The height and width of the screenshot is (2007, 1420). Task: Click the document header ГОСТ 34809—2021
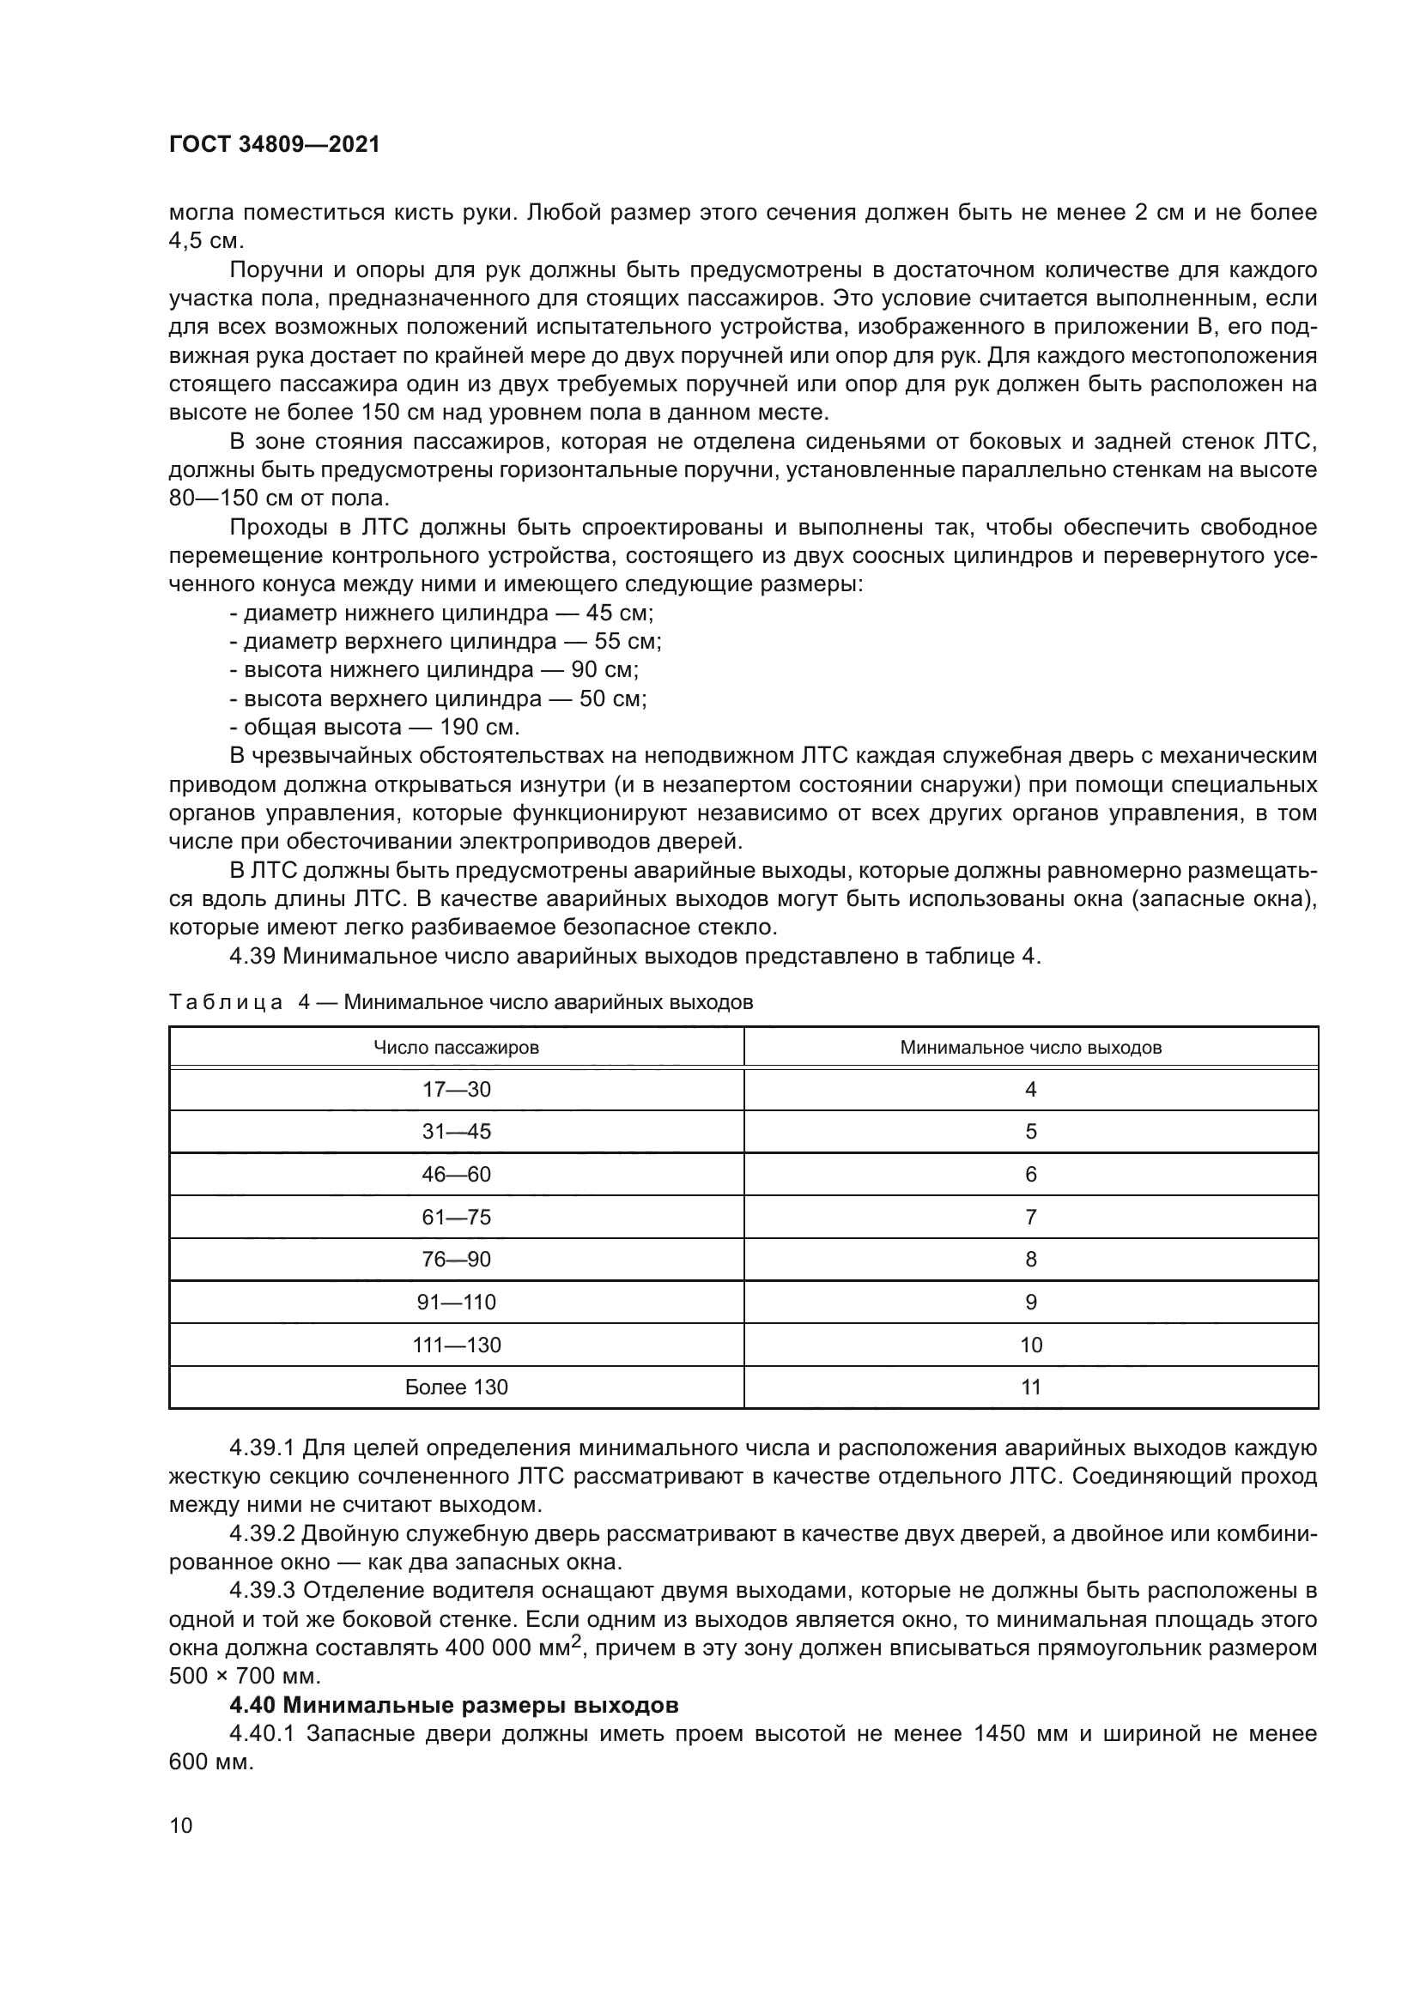tap(275, 145)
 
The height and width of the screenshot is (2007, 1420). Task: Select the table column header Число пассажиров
tap(456, 1047)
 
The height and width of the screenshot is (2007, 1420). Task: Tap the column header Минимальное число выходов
tap(1031, 1047)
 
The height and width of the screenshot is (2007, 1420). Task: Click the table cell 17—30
tap(457, 1089)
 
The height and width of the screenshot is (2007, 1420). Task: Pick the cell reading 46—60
tap(457, 1174)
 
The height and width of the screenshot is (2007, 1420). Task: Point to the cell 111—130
tap(457, 1345)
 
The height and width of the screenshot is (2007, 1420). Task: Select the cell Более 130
tap(457, 1387)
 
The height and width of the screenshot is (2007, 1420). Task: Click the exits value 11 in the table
tap(1031, 1387)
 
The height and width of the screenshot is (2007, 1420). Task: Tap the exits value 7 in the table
tap(1031, 1217)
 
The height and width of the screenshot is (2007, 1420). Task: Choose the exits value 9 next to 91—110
tap(1031, 1303)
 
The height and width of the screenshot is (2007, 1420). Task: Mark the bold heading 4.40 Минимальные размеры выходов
tap(454, 1706)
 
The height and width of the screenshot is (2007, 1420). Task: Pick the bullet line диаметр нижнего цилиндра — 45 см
tap(441, 613)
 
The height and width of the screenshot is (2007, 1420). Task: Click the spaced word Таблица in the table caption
tap(226, 1002)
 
